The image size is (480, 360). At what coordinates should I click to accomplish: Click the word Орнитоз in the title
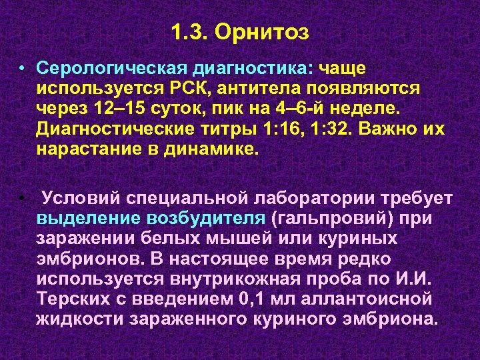click(x=274, y=32)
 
